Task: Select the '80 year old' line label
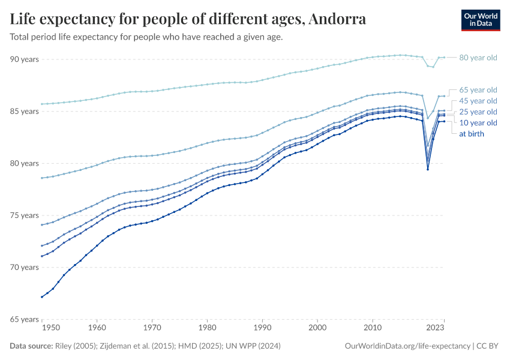pyautogui.click(x=478, y=58)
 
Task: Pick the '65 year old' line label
pyautogui.click(x=478, y=89)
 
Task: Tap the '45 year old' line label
pyautogui.click(x=478, y=101)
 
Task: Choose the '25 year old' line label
pyautogui.click(x=478, y=112)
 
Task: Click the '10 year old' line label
pyautogui.click(x=478, y=123)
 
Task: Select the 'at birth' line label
pyautogui.click(x=472, y=134)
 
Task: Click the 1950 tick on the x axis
pyautogui.click(x=51, y=328)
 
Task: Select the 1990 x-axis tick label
pyautogui.click(x=262, y=328)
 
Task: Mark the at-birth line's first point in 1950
pyautogui.click(x=41, y=297)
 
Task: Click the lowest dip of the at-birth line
pyautogui.click(x=427, y=169)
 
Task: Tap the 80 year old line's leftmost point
pyautogui.click(x=41, y=104)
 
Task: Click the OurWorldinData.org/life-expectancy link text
pyautogui.click(x=408, y=346)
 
